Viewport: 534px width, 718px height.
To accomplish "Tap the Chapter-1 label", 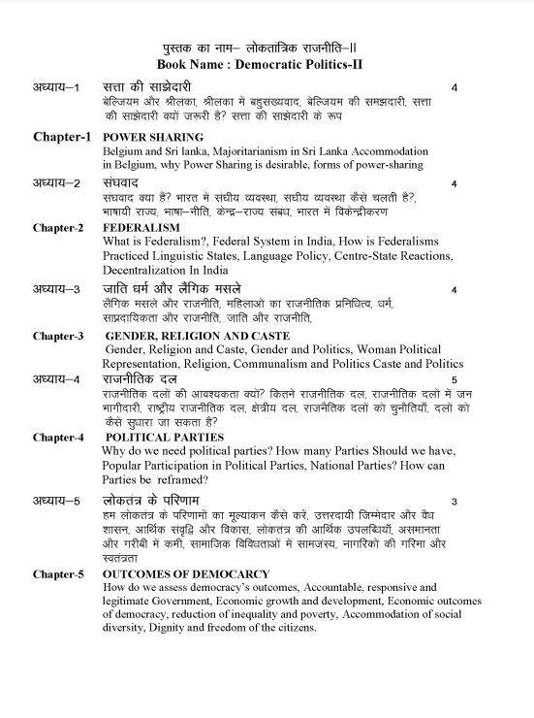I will point(62,137).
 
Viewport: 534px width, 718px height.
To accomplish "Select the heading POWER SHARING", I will point(153,137).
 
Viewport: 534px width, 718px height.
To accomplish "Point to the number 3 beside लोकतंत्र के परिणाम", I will point(454,501).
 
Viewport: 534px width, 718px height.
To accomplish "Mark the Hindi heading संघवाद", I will point(126,182).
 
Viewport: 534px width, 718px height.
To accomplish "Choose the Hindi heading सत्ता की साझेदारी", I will point(152,87).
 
